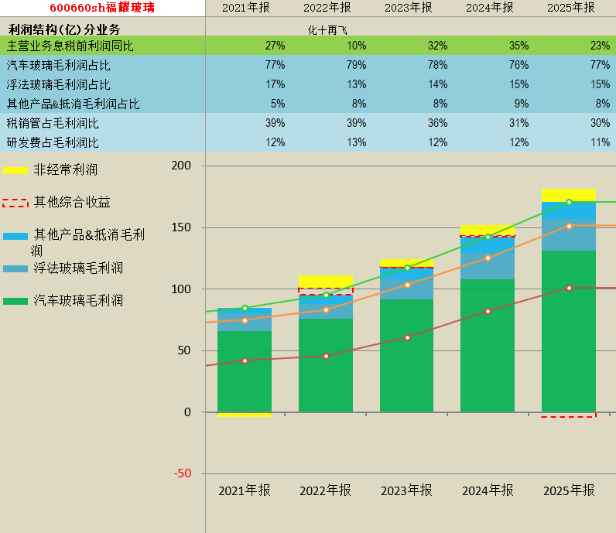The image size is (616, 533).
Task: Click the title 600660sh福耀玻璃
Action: [x=102, y=8]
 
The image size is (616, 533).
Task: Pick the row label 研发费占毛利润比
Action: [x=53, y=142]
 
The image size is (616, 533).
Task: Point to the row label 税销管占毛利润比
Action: [x=53, y=123]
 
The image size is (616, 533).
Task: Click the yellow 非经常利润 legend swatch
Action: [x=15, y=170]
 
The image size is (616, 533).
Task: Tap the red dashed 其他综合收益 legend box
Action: [x=15, y=203]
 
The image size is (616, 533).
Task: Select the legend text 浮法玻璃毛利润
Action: [x=78, y=268]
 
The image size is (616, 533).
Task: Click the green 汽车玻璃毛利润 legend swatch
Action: [x=15, y=301]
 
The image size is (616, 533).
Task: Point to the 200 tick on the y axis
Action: [x=181, y=166]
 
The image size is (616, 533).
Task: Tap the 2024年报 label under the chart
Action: [x=488, y=490]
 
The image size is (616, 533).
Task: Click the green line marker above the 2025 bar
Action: [x=569, y=202]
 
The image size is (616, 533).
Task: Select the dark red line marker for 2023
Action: [x=407, y=337]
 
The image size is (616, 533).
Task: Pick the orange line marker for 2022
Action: [x=326, y=309]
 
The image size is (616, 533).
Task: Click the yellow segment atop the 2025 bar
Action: [x=569, y=195]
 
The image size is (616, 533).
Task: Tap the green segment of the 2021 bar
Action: [x=245, y=371]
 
